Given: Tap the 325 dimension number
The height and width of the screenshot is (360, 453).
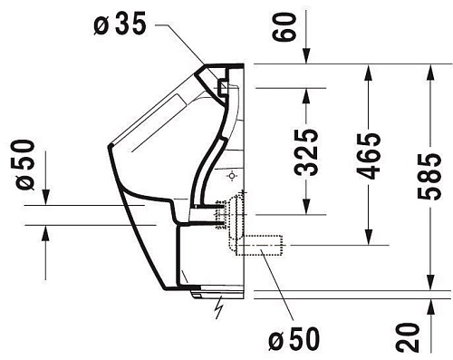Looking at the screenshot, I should click(308, 151).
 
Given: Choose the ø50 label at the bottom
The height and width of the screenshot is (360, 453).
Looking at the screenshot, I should click(294, 339).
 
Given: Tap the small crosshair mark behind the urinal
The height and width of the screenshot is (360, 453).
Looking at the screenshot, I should click(233, 173).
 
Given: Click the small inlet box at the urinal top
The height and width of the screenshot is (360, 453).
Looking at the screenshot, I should click(221, 87).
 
